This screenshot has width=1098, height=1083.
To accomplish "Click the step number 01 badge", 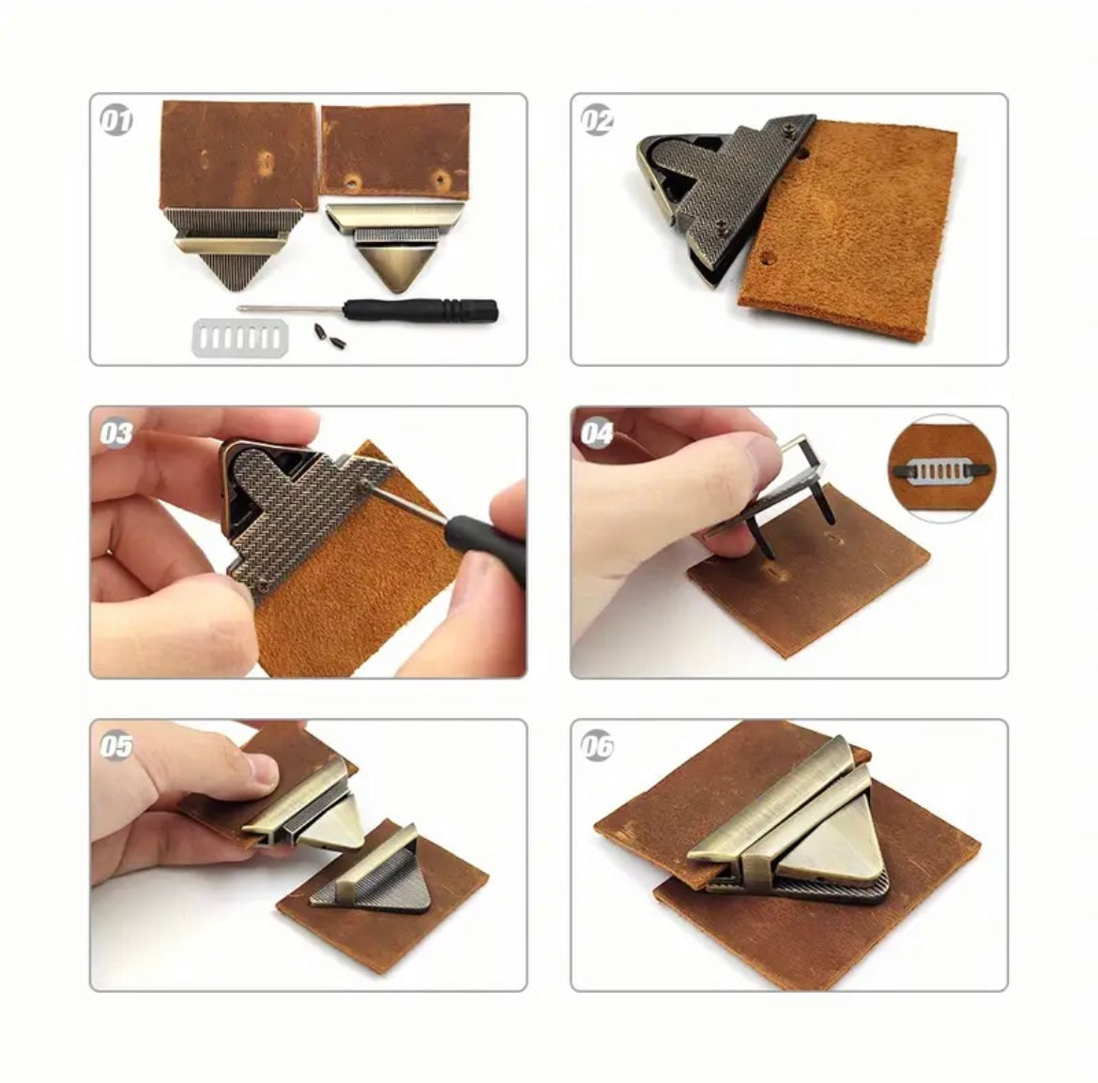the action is pyautogui.click(x=115, y=120).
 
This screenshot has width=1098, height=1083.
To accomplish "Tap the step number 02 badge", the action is pyautogui.click(x=597, y=120).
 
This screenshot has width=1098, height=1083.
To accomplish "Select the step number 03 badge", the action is pyautogui.click(x=115, y=434).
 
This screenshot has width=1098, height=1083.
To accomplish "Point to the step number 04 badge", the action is pyautogui.click(x=597, y=434).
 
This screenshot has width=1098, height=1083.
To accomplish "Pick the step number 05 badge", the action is pyautogui.click(x=115, y=746).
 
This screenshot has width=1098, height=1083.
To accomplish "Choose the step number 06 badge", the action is pyautogui.click(x=597, y=746).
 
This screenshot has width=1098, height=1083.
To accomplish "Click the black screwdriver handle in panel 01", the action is pyautogui.click(x=420, y=309).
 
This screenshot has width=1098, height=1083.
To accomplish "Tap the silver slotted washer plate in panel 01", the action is pyautogui.click(x=239, y=338).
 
